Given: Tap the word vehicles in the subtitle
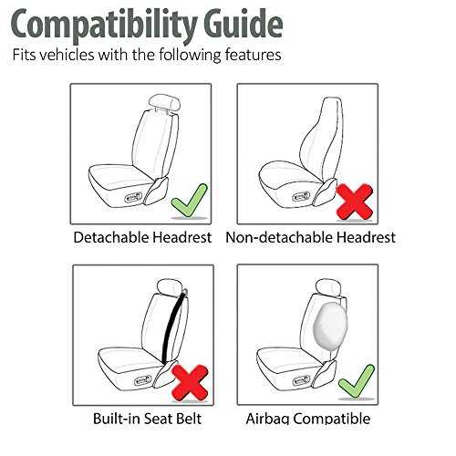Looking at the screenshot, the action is [67, 55].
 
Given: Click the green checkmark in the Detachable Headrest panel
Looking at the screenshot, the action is [190, 201].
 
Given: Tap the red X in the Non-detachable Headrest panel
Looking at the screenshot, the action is [355, 202].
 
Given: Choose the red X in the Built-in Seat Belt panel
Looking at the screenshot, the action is [191, 382].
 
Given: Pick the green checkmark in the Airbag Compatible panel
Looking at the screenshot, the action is [357, 381].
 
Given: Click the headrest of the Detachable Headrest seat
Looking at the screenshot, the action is [165, 102].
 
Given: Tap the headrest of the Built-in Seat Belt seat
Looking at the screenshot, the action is [170, 287].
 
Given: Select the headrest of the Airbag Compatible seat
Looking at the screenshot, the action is [329, 287].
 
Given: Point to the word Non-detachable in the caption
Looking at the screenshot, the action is [279, 237].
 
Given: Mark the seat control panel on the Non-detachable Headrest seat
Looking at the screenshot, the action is [301, 197].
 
